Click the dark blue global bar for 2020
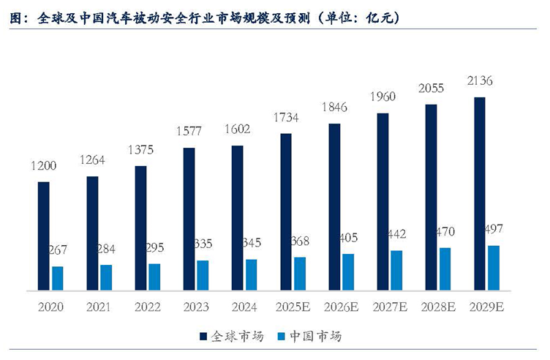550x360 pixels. tap(44, 236)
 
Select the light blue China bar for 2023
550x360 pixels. tap(203, 275)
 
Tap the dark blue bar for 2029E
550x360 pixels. tap(480, 194)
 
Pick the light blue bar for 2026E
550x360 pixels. tap(348, 272)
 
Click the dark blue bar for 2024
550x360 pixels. tap(238, 218)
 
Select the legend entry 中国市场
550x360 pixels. tap(315, 337)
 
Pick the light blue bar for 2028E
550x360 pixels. tap(445, 269)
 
